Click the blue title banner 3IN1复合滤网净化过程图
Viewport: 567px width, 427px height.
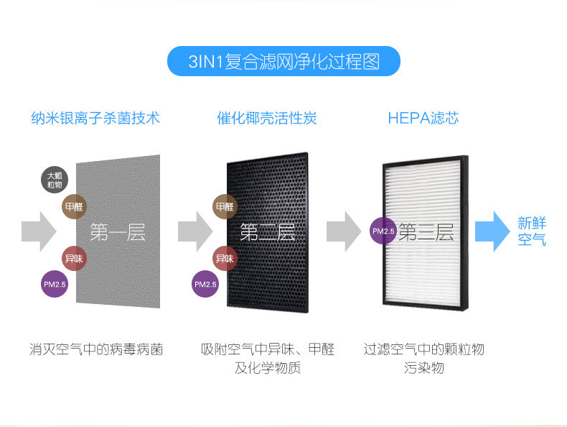283,62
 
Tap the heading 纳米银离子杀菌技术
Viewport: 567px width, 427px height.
95,118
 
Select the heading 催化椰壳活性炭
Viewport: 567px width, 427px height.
266,118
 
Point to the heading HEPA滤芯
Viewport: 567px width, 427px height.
423,118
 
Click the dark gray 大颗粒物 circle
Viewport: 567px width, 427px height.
55,179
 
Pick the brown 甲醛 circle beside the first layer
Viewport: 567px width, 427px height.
75,206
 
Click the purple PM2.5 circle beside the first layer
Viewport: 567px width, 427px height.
55,285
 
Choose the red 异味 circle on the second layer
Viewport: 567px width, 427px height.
225,258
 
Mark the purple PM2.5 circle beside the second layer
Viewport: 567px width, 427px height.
205,285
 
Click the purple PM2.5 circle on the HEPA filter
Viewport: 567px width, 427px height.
383,231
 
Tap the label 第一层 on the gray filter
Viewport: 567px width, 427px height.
118,232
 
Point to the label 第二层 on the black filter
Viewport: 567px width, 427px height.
267,232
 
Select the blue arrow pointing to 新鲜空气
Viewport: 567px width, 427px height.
492,231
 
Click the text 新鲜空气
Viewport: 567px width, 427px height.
532,231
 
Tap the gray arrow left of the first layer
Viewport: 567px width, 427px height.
39,231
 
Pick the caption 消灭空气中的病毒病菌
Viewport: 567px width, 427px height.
96,350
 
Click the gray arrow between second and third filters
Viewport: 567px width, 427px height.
343,231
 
